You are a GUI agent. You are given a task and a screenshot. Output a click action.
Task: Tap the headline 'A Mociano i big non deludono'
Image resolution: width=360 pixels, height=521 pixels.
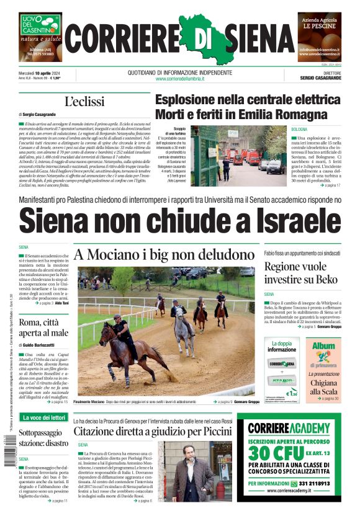165,254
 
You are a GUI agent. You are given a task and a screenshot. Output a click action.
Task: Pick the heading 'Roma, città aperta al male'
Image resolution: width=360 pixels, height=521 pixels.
43,327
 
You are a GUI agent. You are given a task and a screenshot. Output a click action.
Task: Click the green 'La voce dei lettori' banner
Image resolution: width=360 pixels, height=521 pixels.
43,417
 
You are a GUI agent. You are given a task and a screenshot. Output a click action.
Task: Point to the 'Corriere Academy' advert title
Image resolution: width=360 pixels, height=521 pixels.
289,428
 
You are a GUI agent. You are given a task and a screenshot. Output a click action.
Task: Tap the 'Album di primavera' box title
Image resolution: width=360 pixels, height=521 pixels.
323,349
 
